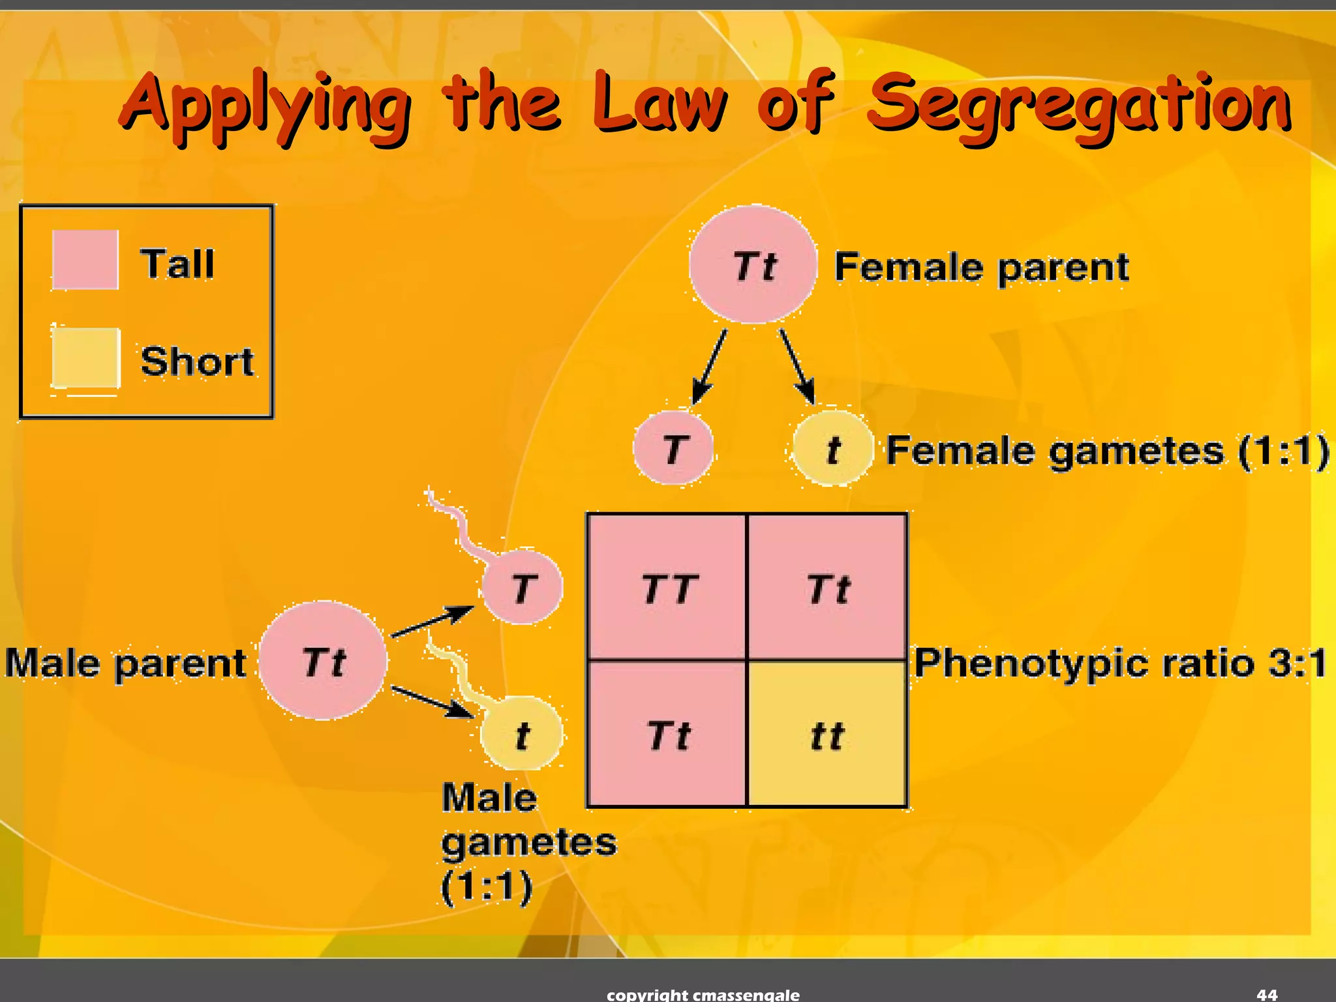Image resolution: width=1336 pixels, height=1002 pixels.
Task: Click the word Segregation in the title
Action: (1080, 104)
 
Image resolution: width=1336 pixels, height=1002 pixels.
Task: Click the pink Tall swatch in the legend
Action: (85, 260)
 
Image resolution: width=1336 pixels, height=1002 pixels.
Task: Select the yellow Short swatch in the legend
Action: (85, 358)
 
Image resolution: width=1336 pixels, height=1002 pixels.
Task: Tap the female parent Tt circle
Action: (753, 264)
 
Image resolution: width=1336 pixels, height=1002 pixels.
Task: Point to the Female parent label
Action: (981, 267)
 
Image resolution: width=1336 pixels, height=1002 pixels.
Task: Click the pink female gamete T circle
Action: (673, 448)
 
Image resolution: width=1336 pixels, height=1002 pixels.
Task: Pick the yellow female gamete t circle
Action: (832, 448)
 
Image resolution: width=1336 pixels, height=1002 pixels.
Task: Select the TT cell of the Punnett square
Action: (667, 587)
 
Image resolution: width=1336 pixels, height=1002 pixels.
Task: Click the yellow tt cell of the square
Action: (827, 735)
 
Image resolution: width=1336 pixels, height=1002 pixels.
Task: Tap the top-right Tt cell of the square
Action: (827, 587)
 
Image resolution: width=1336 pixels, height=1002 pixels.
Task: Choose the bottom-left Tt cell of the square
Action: (667, 735)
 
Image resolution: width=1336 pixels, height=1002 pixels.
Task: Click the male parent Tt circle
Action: (323, 661)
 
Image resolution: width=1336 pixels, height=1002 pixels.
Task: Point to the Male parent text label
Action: (125, 663)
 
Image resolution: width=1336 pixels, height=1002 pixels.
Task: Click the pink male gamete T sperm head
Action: (522, 587)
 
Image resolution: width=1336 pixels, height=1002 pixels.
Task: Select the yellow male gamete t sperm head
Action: (522, 734)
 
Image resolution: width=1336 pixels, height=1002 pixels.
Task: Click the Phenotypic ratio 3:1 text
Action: (1119, 663)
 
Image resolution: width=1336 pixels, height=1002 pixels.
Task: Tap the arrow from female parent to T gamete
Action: (709, 367)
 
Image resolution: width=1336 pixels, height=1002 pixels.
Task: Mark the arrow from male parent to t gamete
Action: (432, 702)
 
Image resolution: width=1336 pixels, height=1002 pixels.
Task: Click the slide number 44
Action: (1267, 994)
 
